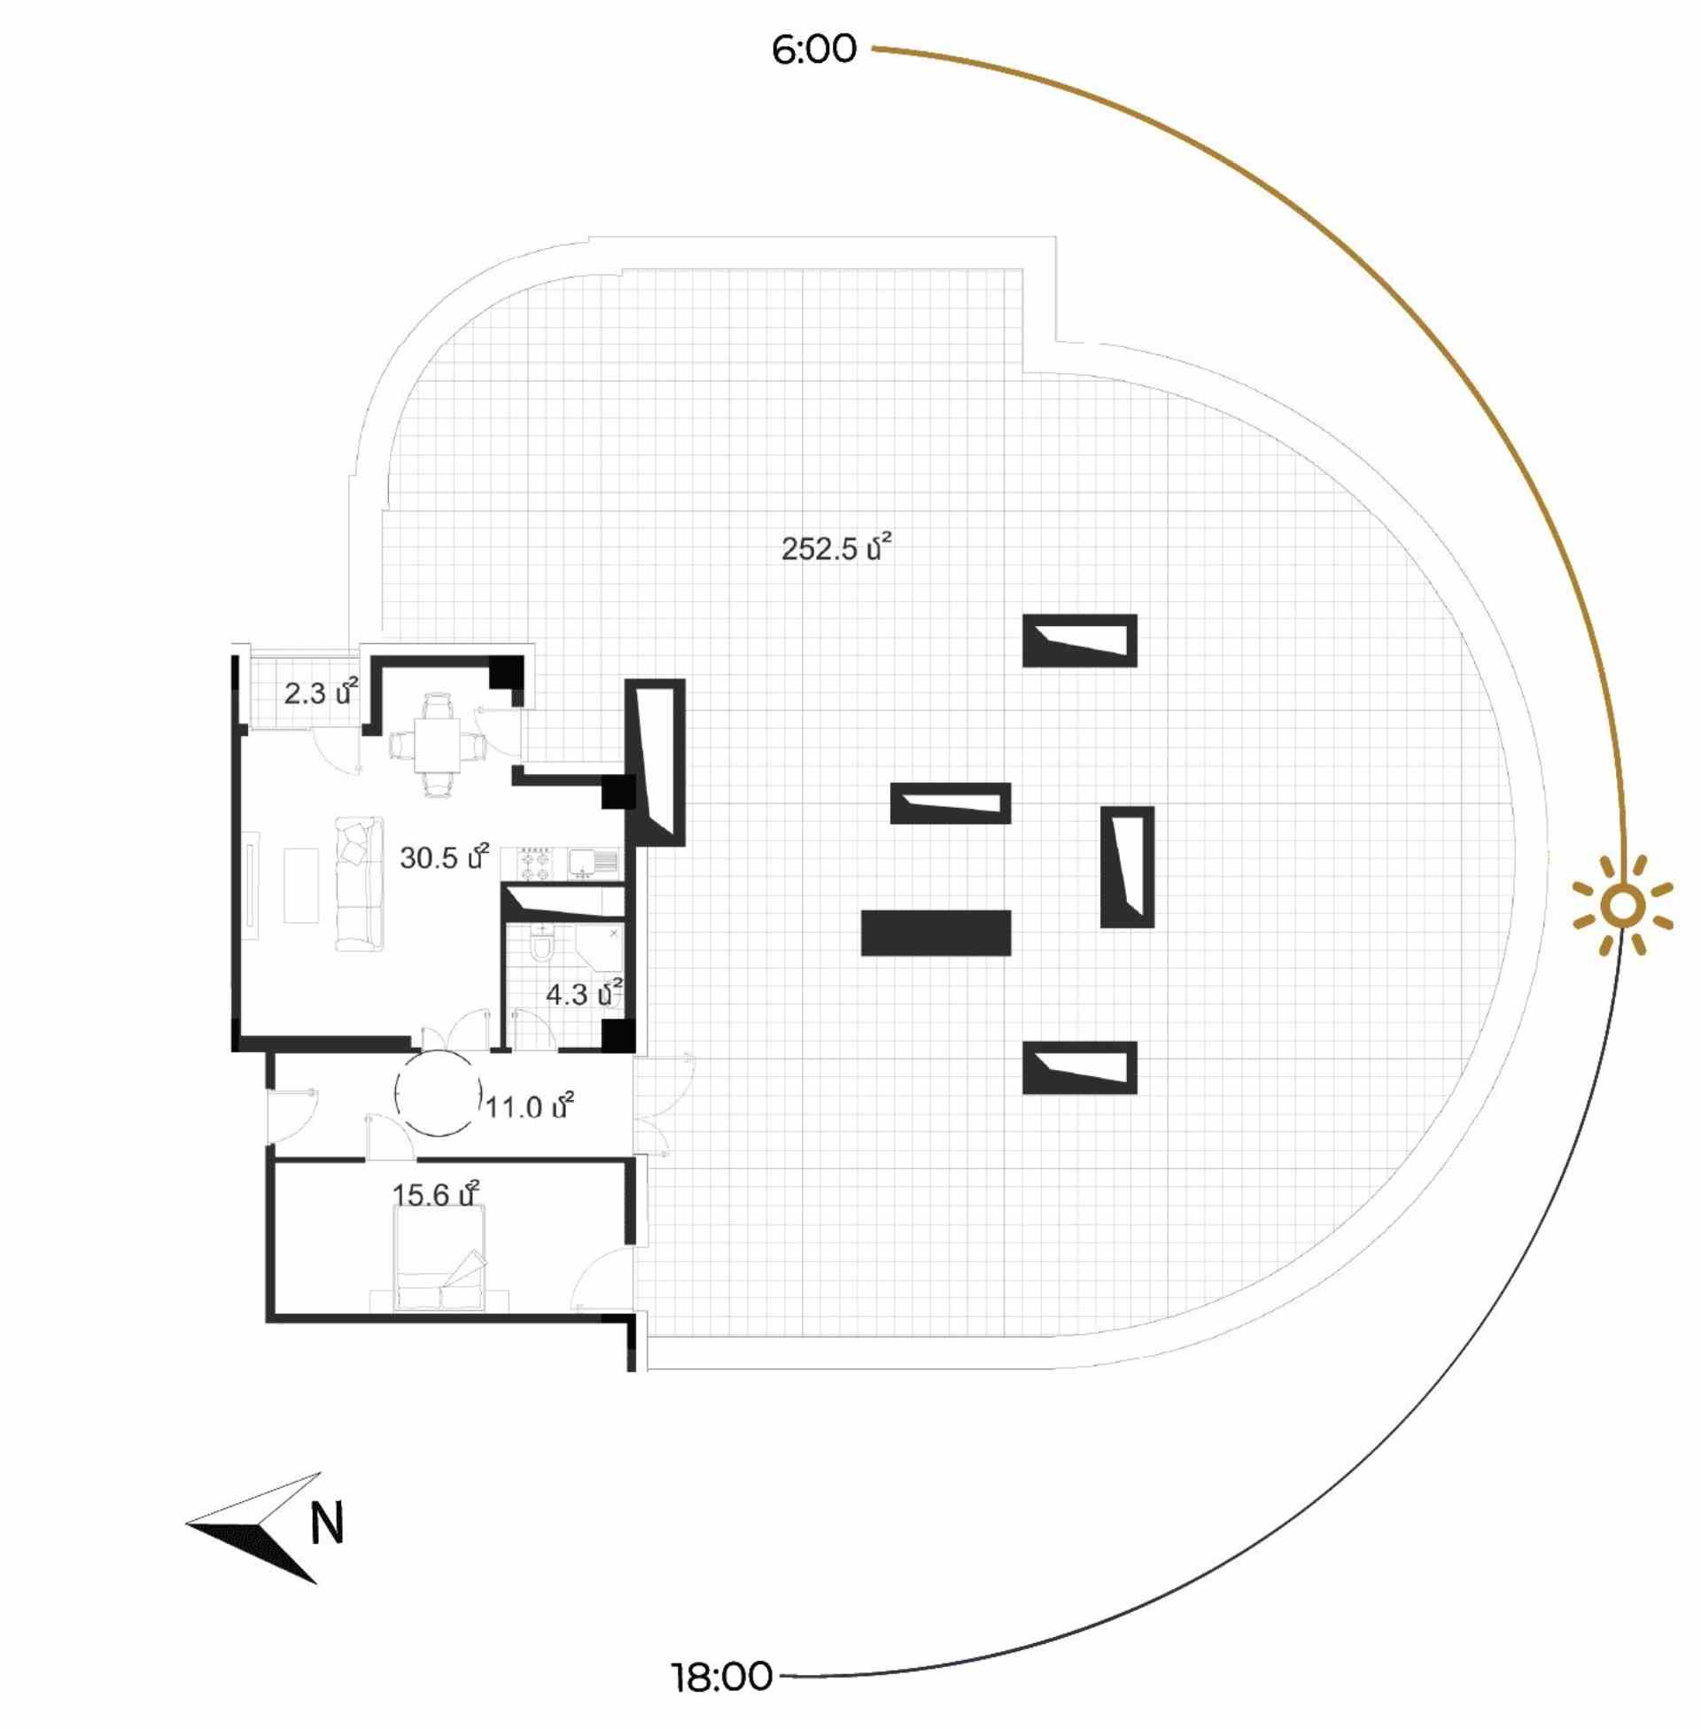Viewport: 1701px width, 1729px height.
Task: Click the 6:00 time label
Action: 814,49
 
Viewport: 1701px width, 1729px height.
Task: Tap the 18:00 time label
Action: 722,1678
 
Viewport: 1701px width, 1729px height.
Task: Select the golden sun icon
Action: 1623,906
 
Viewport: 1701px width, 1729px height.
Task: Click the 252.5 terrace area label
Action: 837,547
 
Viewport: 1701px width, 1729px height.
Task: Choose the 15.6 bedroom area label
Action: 436,1194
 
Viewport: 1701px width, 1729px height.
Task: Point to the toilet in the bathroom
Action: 542,943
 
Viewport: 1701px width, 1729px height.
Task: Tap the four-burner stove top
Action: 534,864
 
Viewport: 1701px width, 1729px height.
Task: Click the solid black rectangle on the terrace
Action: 936,934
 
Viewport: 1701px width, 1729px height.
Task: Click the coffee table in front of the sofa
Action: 301,885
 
